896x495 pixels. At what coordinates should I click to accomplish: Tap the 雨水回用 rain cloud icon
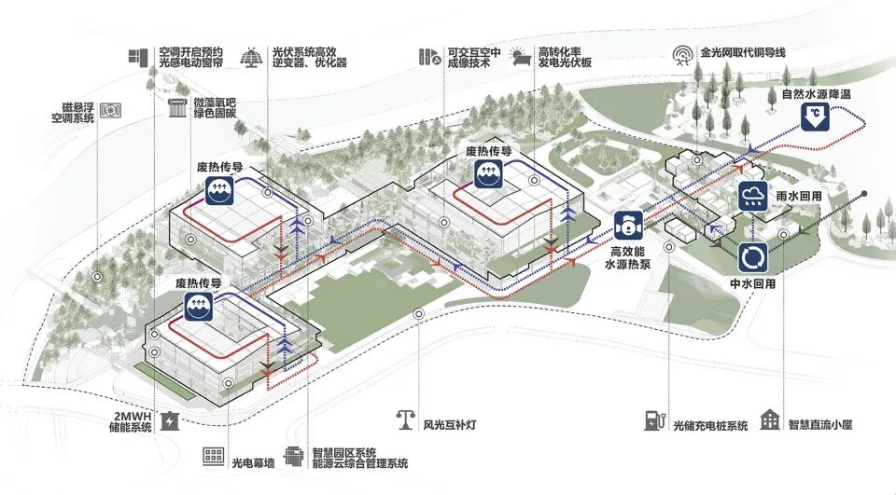click(x=753, y=198)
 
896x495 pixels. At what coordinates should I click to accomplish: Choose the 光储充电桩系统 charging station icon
click(x=652, y=420)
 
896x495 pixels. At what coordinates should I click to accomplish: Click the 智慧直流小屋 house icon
click(x=771, y=419)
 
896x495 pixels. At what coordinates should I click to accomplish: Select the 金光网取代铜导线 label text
click(x=743, y=53)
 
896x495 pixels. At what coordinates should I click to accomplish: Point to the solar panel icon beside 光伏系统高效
click(x=250, y=57)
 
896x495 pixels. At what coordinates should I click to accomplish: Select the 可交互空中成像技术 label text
click(x=477, y=57)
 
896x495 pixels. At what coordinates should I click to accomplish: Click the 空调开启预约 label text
click(x=191, y=53)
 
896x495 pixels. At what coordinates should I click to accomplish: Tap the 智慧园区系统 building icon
click(x=294, y=457)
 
